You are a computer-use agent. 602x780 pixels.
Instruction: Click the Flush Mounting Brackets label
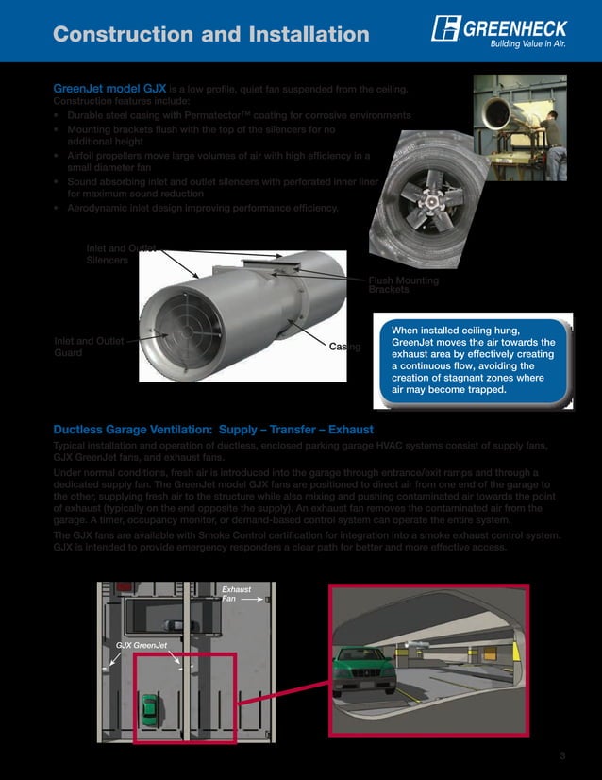(x=403, y=284)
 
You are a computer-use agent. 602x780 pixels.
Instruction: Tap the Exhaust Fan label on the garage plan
(x=236, y=594)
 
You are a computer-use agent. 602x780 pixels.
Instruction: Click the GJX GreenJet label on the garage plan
(x=141, y=646)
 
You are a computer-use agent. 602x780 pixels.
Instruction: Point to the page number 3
(x=561, y=754)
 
